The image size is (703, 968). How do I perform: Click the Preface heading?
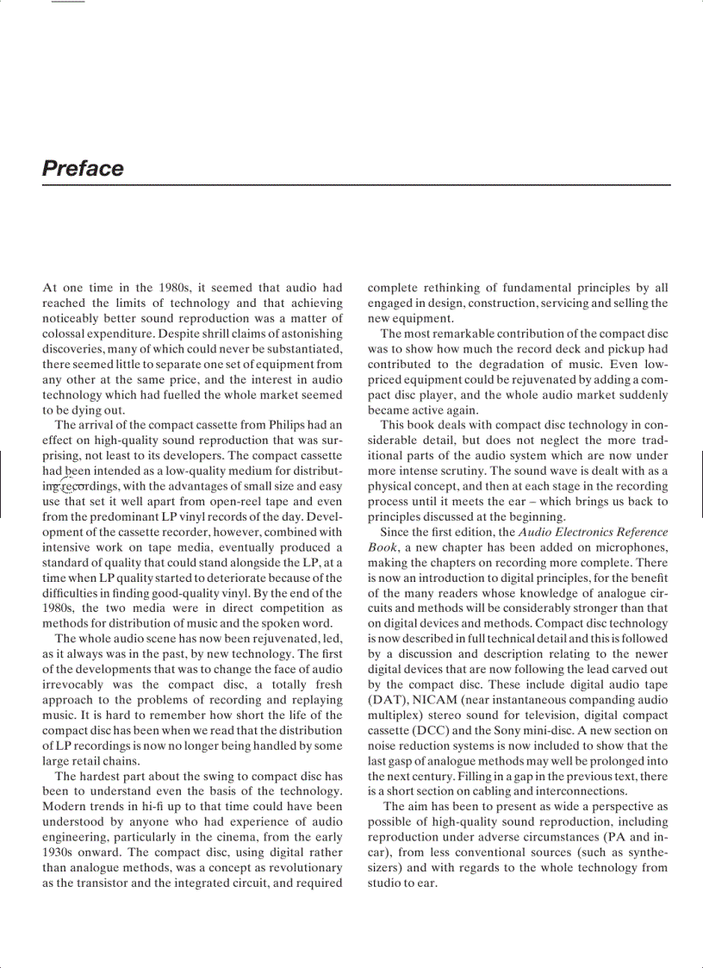pyautogui.click(x=83, y=168)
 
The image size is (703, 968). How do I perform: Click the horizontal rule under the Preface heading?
pyautogui.click(x=356, y=184)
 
